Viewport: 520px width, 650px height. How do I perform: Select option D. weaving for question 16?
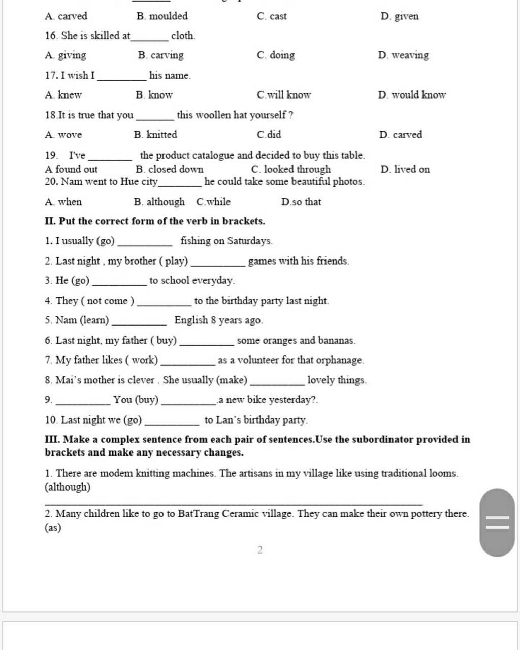click(x=403, y=55)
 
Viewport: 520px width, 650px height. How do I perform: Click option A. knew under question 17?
click(x=63, y=95)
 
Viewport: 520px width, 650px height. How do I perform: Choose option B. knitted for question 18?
click(x=155, y=135)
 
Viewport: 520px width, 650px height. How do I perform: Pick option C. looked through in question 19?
click(x=290, y=169)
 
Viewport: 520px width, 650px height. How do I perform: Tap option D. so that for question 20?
click(x=301, y=202)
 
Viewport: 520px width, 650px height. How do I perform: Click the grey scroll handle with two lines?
click(x=497, y=522)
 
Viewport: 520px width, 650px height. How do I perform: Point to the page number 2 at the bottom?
click(x=260, y=550)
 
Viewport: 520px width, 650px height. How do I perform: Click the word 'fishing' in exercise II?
click(x=196, y=241)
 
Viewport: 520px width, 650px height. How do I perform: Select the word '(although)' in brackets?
click(x=68, y=487)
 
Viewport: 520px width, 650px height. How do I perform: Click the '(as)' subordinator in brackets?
click(x=53, y=528)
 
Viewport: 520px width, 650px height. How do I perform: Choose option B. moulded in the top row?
click(x=162, y=16)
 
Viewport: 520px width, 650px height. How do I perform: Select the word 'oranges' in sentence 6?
click(x=279, y=340)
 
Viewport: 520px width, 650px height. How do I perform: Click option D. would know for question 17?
click(x=412, y=95)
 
